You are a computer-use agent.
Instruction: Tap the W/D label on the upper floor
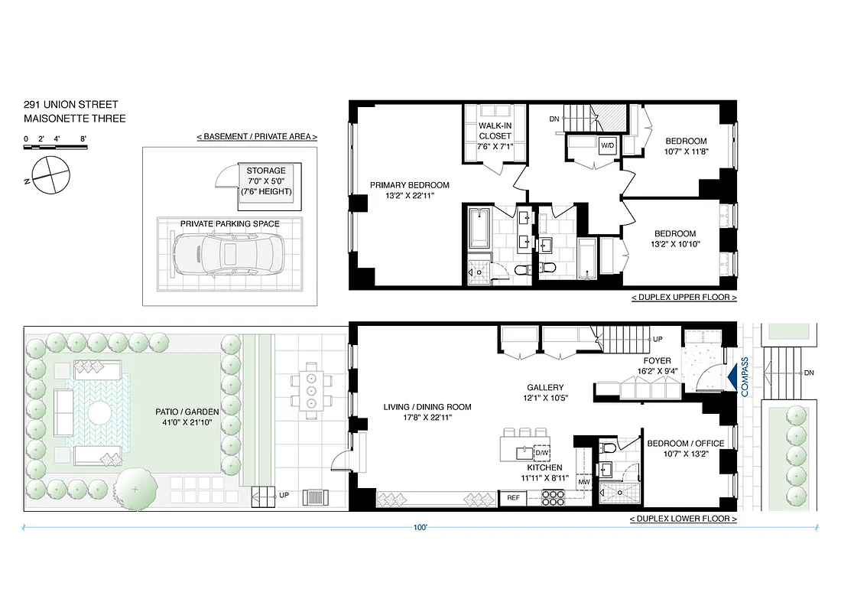[x=607, y=145]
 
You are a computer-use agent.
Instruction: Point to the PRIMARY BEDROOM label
[x=410, y=185]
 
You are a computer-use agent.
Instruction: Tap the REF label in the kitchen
[x=513, y=498]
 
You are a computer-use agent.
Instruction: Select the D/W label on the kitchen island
[x=541, y=453]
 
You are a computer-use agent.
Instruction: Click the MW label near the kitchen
[x=583, y=482]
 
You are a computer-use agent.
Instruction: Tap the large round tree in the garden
[x=136, y=487]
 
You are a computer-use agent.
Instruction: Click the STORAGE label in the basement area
[x=266, y=171]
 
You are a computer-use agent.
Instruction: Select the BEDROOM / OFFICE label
[x=686, y=444]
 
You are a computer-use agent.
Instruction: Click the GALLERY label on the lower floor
[x=545, y=388]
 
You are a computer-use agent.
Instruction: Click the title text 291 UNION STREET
[x=70, y=105]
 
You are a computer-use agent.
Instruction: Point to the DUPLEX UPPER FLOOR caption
[x=684, y=297]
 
